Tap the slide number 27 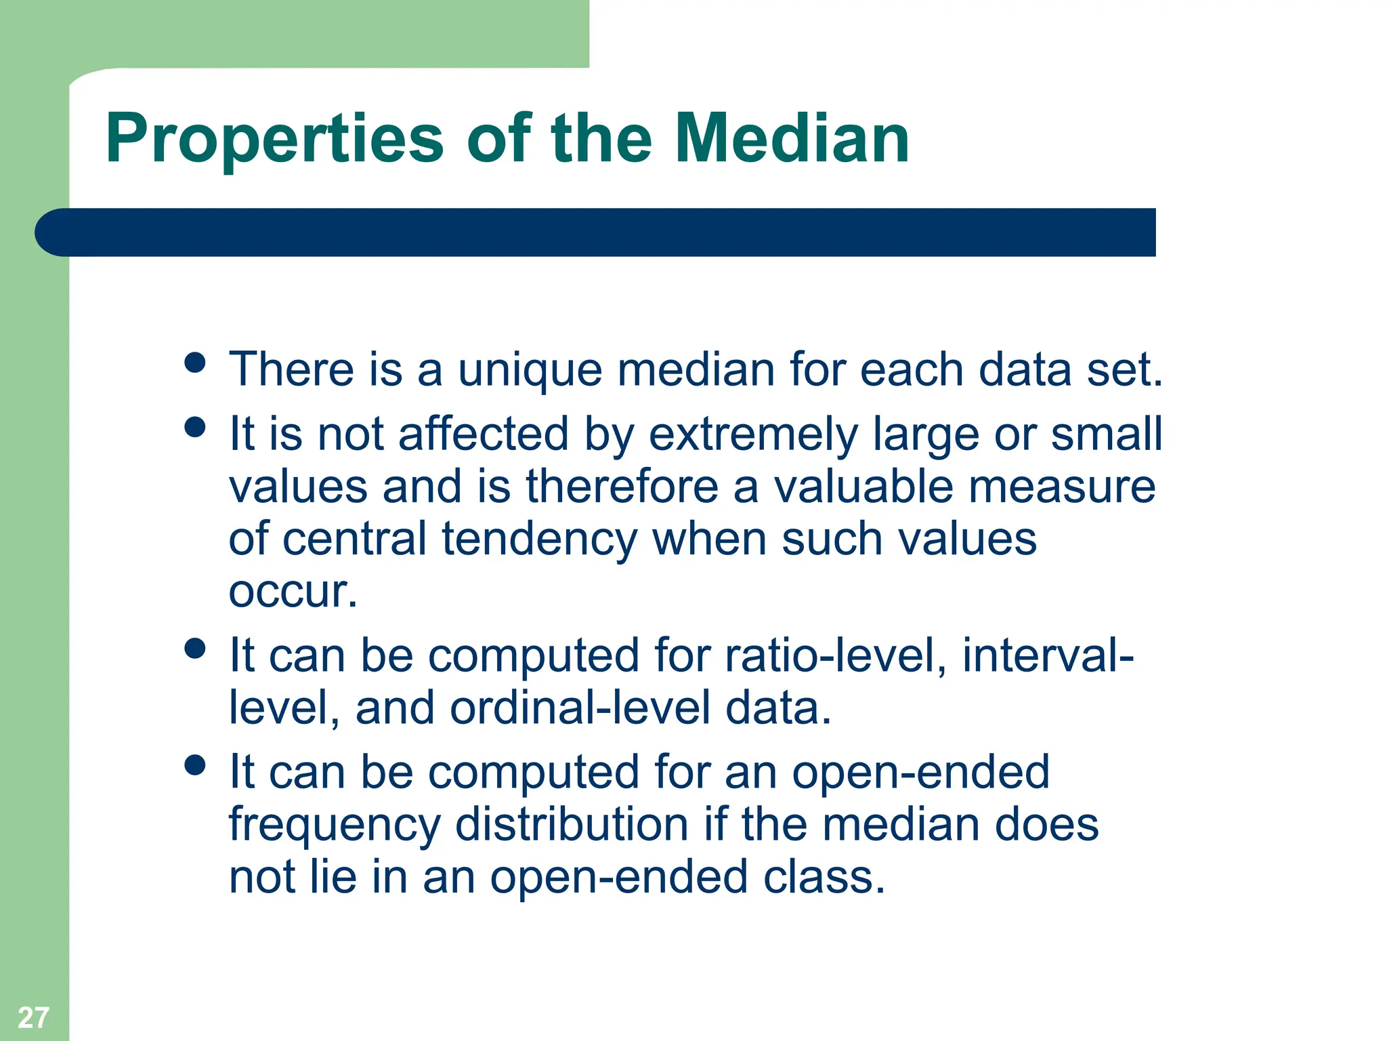tap(33, 1017)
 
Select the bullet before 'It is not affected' tap(195, 427)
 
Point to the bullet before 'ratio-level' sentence tap(195, 649)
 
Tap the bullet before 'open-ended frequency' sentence tap(195, 765)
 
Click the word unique tap(530, 371)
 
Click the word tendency tap(539, 539)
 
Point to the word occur tap(291, 592)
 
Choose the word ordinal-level tap(580, 708)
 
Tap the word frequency tap(335, 826)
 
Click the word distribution tap(572, 825)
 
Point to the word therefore tap(622, 487)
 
